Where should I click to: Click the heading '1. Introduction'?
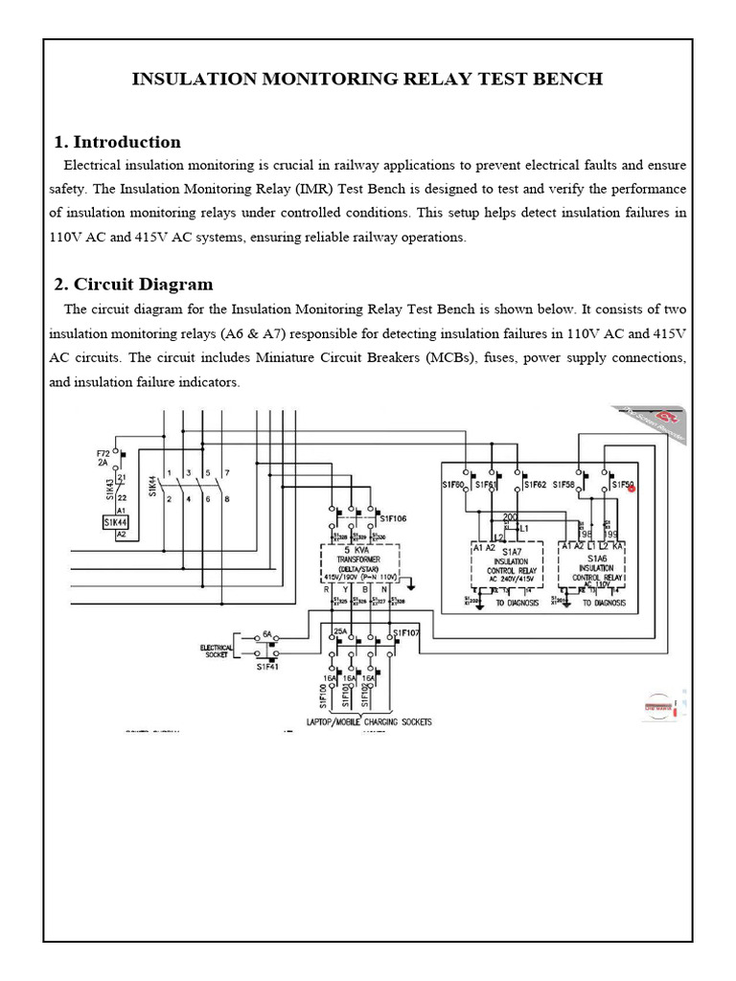click(x=117, y=142)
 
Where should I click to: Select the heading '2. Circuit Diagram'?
click(x=133, y=285)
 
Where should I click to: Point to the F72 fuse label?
click(x=103, y=452)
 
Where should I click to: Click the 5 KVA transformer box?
click(x=358, y=564)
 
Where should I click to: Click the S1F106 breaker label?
click(x=393, y=518)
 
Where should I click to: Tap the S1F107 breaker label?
click(x=405, y=633)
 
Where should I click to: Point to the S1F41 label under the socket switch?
click(x=266, y=667)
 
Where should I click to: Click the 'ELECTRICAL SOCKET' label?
click(x=217, y=651)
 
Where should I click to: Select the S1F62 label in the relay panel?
click(x=535, y=485)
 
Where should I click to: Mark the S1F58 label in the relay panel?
click(x=563, y=485)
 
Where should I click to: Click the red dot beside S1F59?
click(x=632, y=488)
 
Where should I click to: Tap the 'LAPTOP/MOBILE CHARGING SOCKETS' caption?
click(x=369, y=720)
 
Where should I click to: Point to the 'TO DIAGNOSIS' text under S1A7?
click(x=517, y=603)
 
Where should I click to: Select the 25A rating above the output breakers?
click(x=339, y=632)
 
